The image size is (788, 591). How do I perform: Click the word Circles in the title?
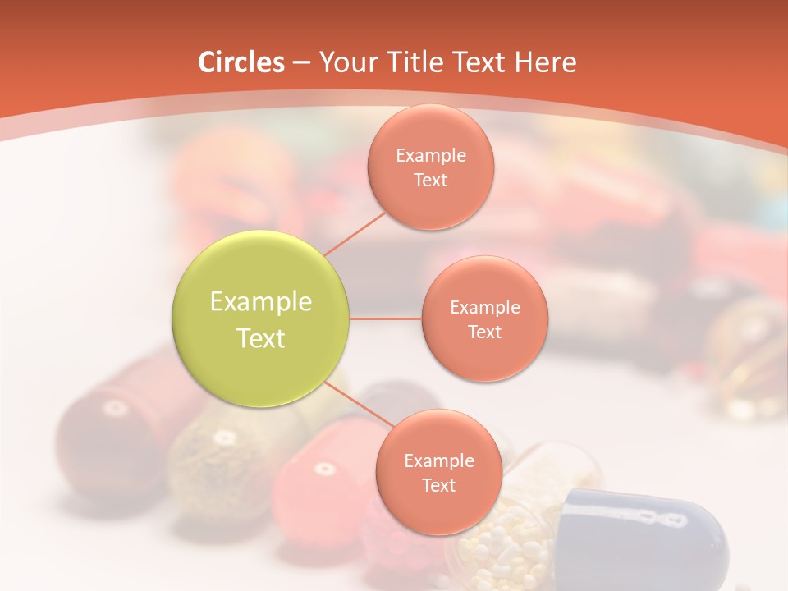point(241,62)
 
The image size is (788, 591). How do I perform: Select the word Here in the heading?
point(545,62)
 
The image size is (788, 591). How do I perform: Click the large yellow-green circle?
point(261,318)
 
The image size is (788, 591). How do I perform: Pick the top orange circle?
point(430,167)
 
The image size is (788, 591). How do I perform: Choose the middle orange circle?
point(484,318)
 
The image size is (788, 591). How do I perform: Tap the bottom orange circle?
point(438,472)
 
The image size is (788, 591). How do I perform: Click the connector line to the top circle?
point(354,233)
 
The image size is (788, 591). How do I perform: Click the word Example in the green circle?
point(261,302)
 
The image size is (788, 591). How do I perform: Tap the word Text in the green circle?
point(261,338)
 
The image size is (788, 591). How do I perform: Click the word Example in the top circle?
point(431,155)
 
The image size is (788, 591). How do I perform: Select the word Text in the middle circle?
point(484,332)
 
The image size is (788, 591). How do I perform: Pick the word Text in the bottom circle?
point(438,485)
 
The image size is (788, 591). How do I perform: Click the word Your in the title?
point(343,62)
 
